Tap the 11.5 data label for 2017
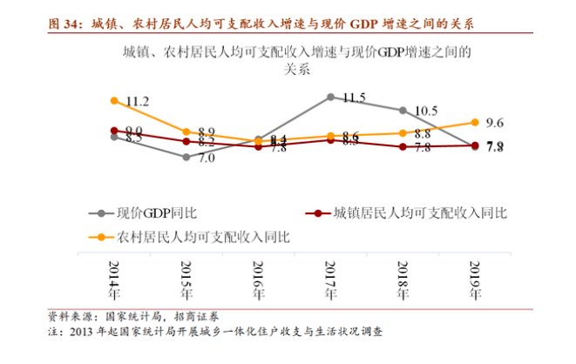354,98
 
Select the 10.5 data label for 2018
425,111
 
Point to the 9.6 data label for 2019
496,123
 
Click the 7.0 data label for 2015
207,158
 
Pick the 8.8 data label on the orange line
424,134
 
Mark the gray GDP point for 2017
330,98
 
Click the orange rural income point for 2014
114,101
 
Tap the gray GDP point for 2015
186,157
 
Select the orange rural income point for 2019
474,123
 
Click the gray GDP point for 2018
402,111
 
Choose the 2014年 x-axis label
114,279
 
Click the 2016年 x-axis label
259,279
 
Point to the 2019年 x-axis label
474,279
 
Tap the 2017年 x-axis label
330,279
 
